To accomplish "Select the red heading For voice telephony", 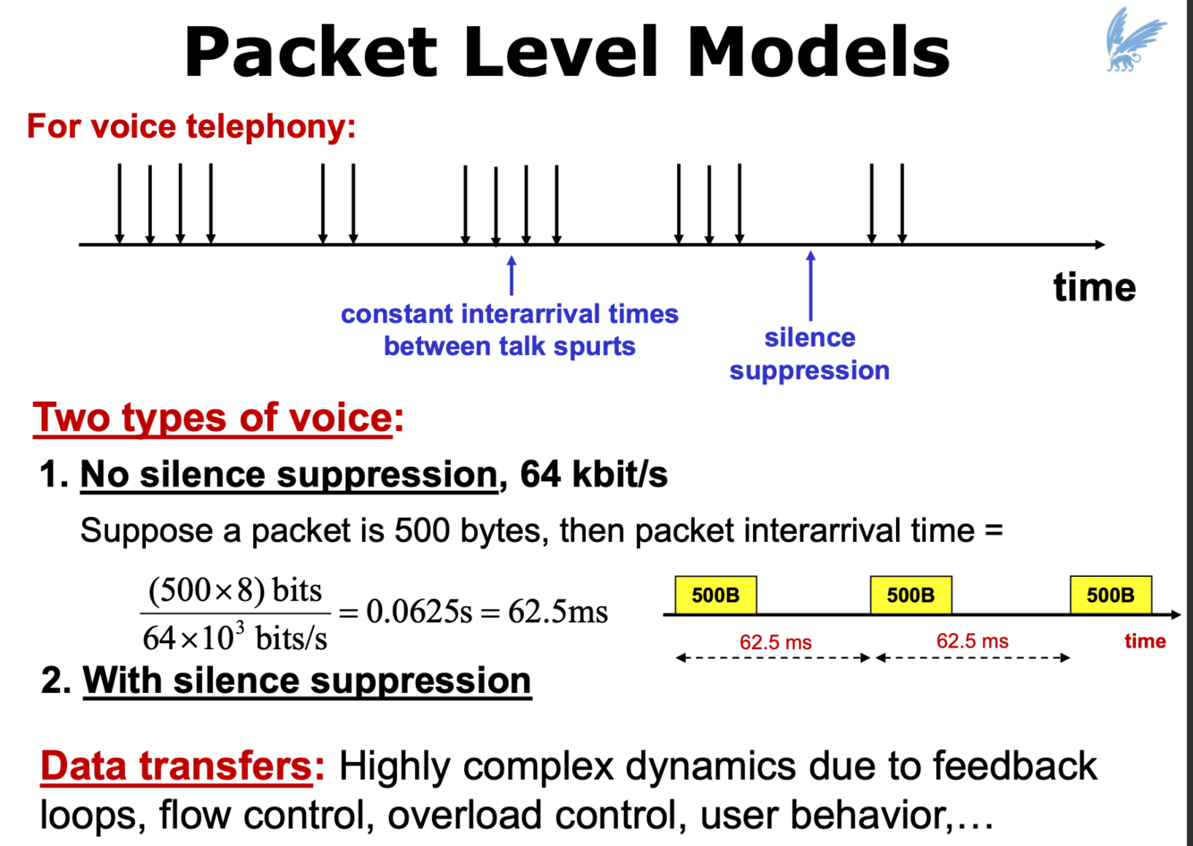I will click(x=191, y=126).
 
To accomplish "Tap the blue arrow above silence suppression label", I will click(x=810, y=285).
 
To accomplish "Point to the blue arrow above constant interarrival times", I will click(x=512, y=275).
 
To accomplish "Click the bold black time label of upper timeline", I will click(x=1094, y=287).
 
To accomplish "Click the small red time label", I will click(x=1145, y=641).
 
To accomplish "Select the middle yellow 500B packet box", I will click(x=910, y=596).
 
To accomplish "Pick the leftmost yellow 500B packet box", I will click(x=715, y=596).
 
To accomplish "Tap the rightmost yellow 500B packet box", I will click(x=1110, y=596).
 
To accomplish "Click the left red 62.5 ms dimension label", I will click(x=775, y=642).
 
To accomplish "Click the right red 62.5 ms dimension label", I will click(x=972, y=641).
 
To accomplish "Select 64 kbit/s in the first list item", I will click(x=594, y=474).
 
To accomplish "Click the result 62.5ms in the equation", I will click(x=558, y=613).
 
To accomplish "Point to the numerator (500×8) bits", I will click(x=234, y=590).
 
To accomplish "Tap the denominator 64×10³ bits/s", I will click(x=234, y=637).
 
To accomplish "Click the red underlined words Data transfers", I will click(x=175, y=766).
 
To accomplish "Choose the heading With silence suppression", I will click(x=307, y=681).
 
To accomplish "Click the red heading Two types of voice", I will click(x=212, y=418).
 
